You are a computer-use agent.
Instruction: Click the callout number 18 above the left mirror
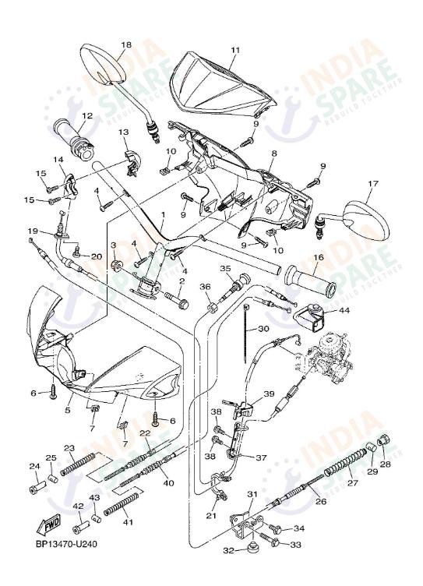pyautogui.click(x=126, y=44)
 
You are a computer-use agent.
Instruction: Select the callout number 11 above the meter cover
pyautogui.click(x=234, y=50)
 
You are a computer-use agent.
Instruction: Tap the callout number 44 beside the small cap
pyautogui.click(x=344, y=310)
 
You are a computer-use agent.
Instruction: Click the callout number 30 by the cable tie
pyautogui.click(x=263, y=329)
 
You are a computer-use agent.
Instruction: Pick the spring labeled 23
pyautogui.click(x=78, y=465)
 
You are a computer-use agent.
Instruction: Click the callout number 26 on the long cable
pyautogui.click(x=321, y=502)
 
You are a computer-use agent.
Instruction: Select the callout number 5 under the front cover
pyautogui.click(x=68, y=410)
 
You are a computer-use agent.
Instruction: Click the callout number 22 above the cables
pyautogui.click(x=145, y=433)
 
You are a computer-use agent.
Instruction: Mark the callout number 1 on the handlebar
pyautogui.click(x=163, y=213)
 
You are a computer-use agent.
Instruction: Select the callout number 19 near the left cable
pyautogui.click(x=33, y=231)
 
